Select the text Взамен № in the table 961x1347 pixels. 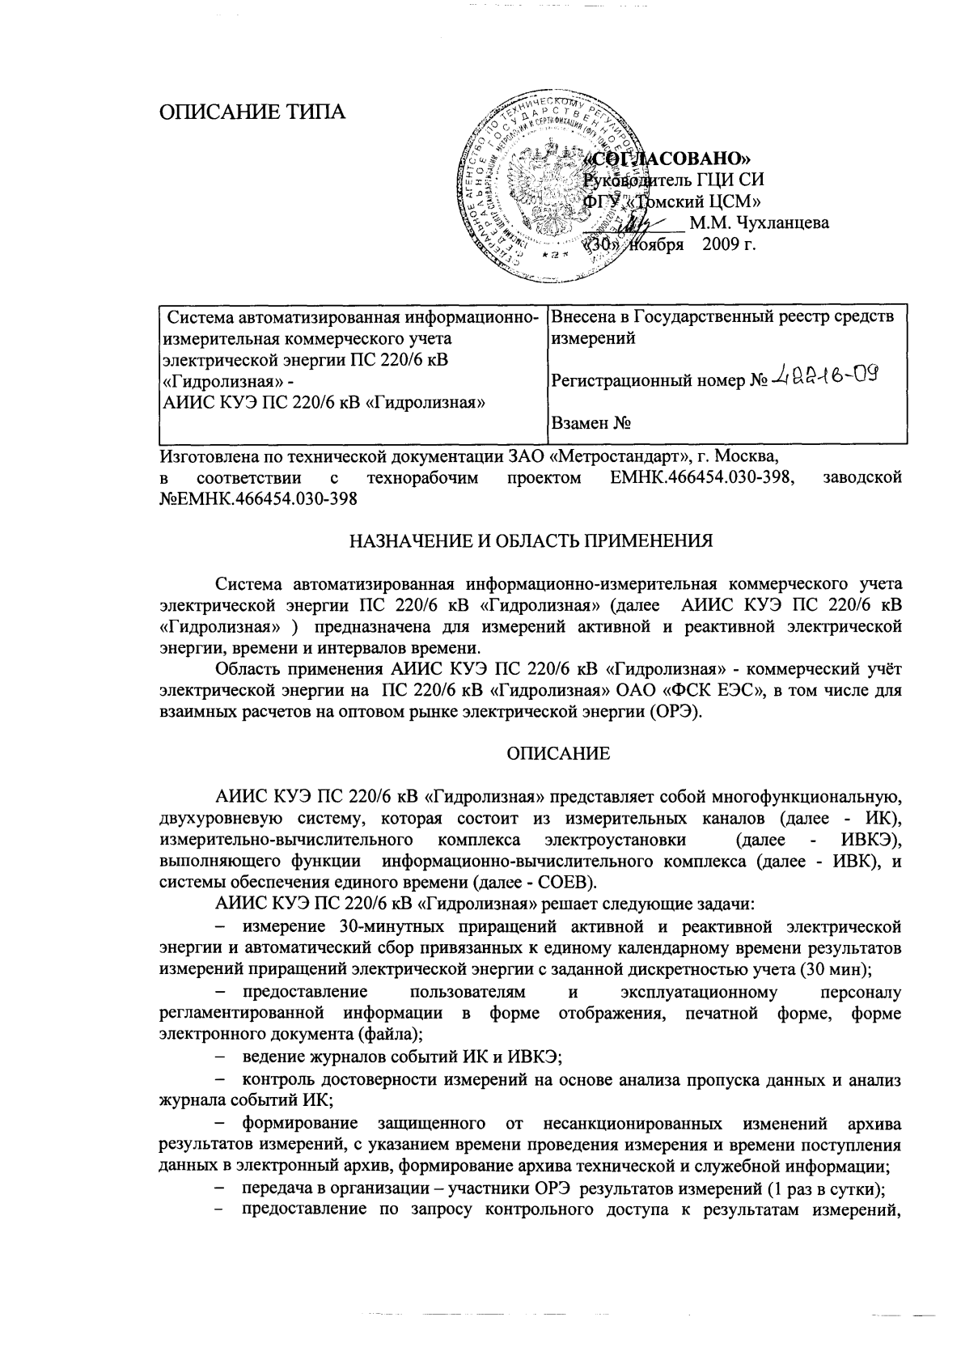coord(591,422)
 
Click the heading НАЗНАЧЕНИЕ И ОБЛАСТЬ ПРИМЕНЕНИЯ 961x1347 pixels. coord(531,540)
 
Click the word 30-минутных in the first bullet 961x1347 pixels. coord(353,926)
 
